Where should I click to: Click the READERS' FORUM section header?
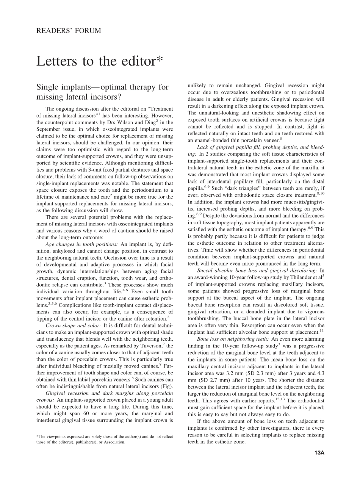click(x=69, y=31)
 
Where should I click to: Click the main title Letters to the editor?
click(x=100, y=61)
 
